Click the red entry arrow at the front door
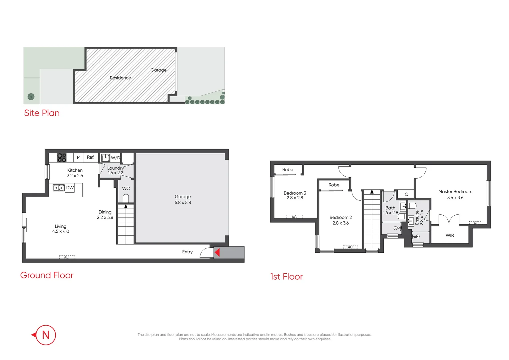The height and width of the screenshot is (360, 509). click(x=217, y=253)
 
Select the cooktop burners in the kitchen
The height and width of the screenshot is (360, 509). click(x=62, y=157)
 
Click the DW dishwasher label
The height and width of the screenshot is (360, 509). click(x=70, y=188)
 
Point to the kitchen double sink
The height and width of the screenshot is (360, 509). click(x=59, y=188)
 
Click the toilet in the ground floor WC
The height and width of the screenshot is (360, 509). click(x=126, y=198)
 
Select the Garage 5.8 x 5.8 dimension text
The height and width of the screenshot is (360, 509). click(x=183, y=202)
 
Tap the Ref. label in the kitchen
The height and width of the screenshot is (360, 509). click(x=91, y=157)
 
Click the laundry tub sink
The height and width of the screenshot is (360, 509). click(x=106, y=157)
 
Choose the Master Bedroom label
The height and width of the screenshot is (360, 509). click(x=455, y=192)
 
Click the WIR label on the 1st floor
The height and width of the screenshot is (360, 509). click(x=450, y=235)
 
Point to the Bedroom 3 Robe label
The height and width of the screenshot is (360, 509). click(x=288, y=170)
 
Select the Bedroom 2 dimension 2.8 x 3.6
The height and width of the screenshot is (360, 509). click(x=340, y=223)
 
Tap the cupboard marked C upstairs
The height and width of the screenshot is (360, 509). click(x=406, y=194)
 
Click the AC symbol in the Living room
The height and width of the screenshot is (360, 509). click(x=67, y=257)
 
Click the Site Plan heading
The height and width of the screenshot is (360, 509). click(x=42, y=113)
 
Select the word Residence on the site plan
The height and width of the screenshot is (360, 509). click(x=120, y=78)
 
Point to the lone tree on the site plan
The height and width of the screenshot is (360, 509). click(x=31, y=97)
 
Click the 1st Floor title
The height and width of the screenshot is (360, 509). click(x=286, y=277)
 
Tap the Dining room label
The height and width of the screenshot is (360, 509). click(x=105, y=212)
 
